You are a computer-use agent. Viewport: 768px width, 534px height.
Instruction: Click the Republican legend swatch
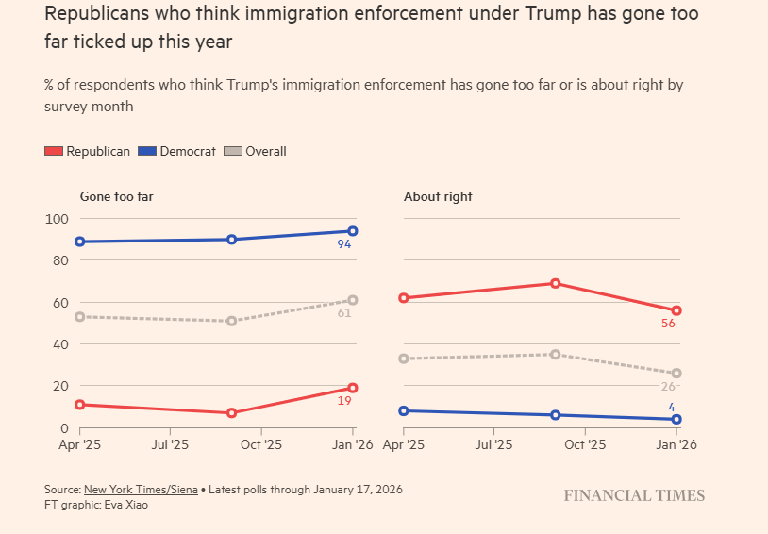pos(54,151)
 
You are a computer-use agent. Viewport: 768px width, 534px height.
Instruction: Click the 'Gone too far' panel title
pos(116,196)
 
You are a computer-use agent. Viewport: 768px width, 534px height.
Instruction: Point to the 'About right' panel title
pos(438,196)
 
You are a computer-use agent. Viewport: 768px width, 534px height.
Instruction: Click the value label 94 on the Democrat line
pos(345,244)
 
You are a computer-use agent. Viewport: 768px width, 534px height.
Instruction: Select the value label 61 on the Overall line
pos(344,313)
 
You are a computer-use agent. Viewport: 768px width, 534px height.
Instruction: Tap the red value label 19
pos(344,400)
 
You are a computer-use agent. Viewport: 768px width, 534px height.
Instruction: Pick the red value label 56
pos(668,324)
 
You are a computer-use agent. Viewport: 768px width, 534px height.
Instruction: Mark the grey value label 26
pos(668,386)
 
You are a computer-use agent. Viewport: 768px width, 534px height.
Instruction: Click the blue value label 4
pos(673,408)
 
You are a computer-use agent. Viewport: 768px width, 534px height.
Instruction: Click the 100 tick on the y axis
pos(57,219)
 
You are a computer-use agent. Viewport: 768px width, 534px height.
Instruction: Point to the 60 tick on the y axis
pos(59,302)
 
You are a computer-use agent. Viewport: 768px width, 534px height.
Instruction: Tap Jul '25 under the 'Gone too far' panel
pos(170,444)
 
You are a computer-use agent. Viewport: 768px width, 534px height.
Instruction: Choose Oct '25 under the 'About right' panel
pos(585,444)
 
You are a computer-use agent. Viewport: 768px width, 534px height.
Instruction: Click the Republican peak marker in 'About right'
pos(556,283)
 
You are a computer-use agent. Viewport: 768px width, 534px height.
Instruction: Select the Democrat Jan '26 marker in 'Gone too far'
pos(353,231)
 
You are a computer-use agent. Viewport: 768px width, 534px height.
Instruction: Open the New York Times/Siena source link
pos(141,490)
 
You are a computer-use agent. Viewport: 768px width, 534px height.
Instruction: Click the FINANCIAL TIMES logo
pos(634,495)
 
